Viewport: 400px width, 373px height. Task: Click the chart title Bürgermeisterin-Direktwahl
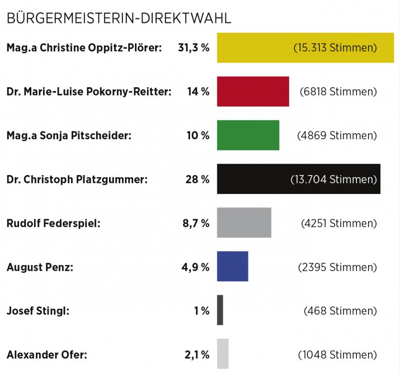(x=119, y=18)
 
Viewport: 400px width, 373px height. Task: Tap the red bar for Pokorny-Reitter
(x=252, y=91)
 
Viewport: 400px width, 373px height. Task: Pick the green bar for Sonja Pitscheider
(x=247, y=135)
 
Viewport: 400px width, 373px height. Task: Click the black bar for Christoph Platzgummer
(x=252, y=179)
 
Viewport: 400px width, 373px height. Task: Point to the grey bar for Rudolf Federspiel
(x=243, y=223)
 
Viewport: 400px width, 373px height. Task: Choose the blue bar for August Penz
(x=232, y=266)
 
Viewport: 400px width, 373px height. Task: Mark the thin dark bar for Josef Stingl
(x=220, y=310)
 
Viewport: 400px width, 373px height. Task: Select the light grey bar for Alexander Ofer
(x=223, y=354)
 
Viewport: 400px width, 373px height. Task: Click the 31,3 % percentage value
(x=194, y=48)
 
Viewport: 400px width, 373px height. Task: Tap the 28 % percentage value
(x=197, y=180)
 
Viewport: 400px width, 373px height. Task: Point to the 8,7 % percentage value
(x=195, y=223)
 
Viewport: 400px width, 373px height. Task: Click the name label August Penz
(x=40, y=267)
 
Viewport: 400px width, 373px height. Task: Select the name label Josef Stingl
(x=37, y=311)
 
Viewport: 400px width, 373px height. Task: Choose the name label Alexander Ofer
(x=46, y=355)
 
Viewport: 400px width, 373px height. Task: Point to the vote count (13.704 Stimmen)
(x=333, y=180)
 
